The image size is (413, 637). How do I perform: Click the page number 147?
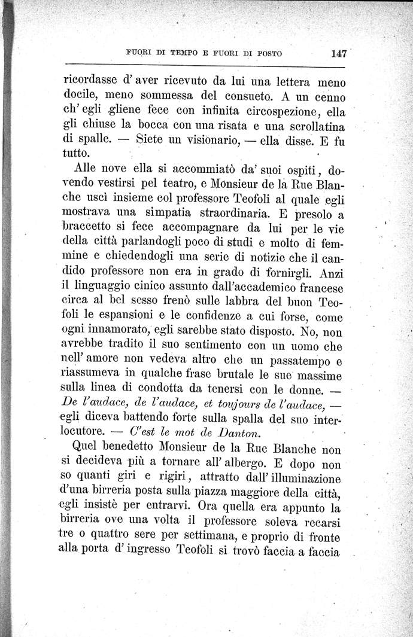tap(338, 53)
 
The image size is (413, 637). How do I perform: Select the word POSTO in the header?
tap(265, 53)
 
